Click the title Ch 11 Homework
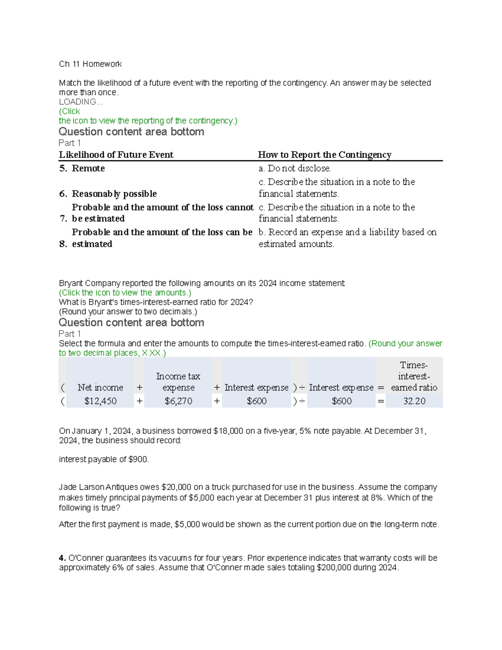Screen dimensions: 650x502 tap(90, 64)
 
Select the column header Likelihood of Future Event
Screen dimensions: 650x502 tap(116, 155)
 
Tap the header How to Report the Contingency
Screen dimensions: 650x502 tap(324, 155)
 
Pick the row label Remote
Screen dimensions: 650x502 tap(88, 168)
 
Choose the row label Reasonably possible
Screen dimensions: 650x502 tap(114, 194)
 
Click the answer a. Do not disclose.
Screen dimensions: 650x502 tap(295, 168)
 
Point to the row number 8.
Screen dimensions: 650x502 tap(63, 244)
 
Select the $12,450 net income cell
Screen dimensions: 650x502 tap(100, 401)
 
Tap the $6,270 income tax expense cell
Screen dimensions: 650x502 tap(178, 401)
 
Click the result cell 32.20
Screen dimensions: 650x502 tap(414, 401)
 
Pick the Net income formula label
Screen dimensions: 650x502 tap(100, 388)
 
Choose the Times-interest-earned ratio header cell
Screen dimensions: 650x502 tap(414, 376)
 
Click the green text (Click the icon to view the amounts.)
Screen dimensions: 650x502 tap(125, 293)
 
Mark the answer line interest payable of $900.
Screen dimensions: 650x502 tap(104, 459)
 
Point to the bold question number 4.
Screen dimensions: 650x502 tap(62, 558)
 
